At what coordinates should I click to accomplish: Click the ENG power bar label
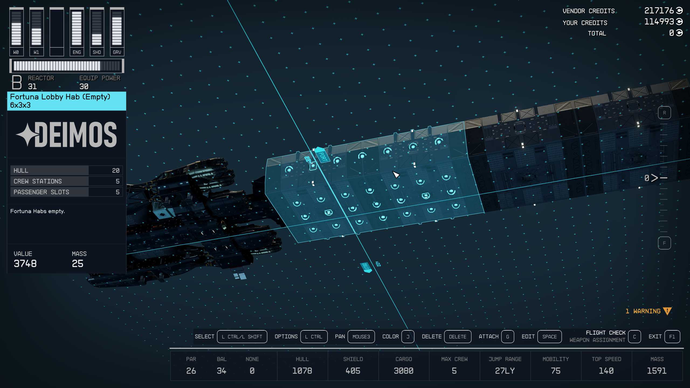77,52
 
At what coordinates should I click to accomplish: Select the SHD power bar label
97,52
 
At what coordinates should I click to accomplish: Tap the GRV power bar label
117,52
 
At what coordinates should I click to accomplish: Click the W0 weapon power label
16,52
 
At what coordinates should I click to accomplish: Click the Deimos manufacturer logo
67,134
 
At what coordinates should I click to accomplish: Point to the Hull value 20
116,171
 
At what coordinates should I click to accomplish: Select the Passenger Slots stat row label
42,192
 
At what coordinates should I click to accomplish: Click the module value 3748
25,264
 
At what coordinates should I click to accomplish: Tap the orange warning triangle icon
667,311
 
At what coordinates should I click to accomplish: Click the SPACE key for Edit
549,337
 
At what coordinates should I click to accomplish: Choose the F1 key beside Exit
672,337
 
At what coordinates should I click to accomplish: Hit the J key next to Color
408,337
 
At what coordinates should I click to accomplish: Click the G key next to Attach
508,337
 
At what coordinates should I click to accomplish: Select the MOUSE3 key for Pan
361,337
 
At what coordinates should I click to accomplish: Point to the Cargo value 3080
403,371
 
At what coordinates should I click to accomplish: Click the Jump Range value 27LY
505,371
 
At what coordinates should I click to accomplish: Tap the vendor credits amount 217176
659,11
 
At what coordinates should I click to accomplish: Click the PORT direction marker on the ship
322,155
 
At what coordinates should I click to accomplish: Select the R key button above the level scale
664,113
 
